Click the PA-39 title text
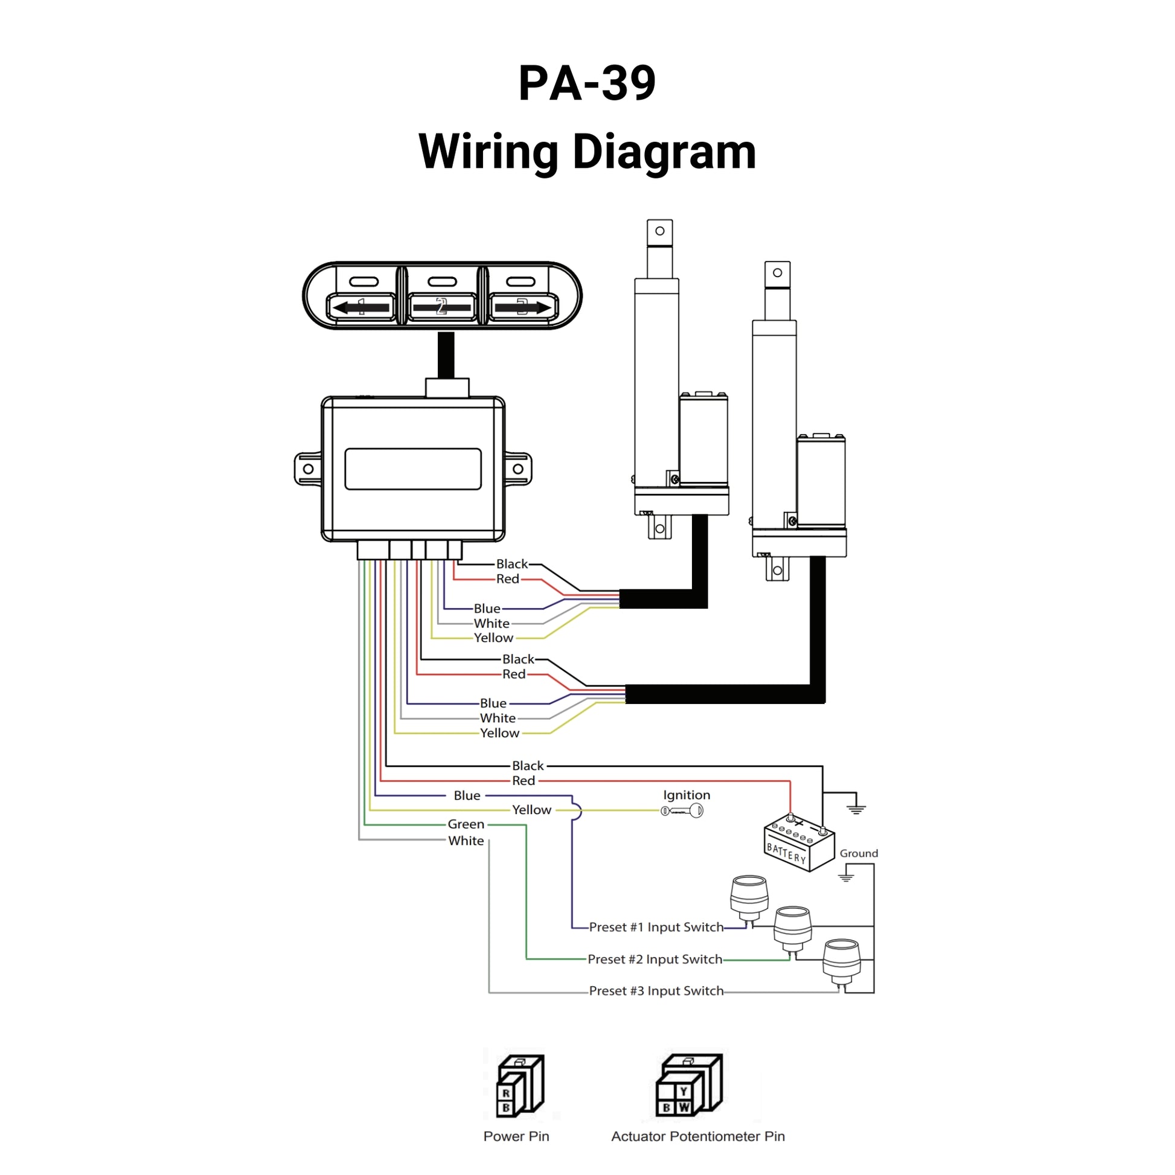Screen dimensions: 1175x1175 tap(587, 83)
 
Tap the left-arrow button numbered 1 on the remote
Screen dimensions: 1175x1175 tap(361, 307)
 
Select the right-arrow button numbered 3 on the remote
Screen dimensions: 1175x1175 tap(522, 307)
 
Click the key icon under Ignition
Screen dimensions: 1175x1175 tap(682, 811)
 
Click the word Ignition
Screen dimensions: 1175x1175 tap(686, 795)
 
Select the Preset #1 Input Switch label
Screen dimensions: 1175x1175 tap(656, 927)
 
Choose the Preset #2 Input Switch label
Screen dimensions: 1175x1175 tap(655, 959)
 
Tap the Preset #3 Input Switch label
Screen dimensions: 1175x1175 tap(656, 991)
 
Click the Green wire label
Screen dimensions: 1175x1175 tap(466, 825)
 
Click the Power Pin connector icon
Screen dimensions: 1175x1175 tap(520, 1086)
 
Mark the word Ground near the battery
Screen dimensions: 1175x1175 tap(859, 854)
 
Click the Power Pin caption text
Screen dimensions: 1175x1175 tap(516, 1137)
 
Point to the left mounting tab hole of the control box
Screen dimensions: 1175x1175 tap(309, 469)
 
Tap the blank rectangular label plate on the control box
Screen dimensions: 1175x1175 tap(413, 469)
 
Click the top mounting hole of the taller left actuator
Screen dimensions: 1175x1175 tap(660, 231)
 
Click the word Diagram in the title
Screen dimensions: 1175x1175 tap(664, 152)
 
